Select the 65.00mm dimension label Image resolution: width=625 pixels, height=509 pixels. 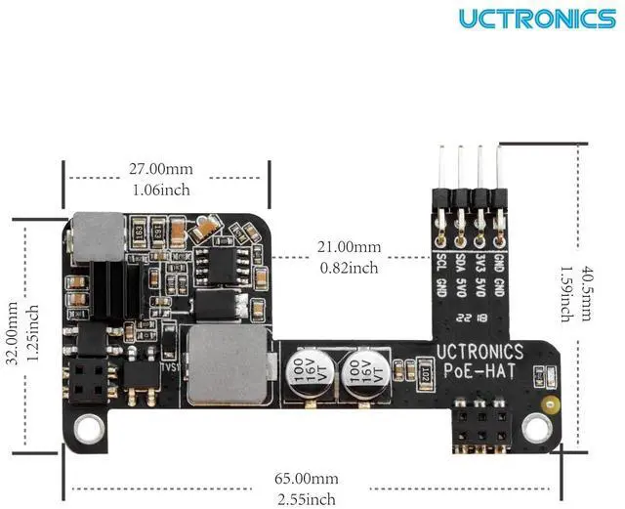click(306, 479)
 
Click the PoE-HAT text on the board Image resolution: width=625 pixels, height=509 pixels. click(479, 371)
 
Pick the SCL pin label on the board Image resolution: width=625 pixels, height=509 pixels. click(440, 264)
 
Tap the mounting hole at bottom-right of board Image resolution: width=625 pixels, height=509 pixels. click(535, 426)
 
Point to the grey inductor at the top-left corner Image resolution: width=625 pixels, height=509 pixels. click(97, 236)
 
